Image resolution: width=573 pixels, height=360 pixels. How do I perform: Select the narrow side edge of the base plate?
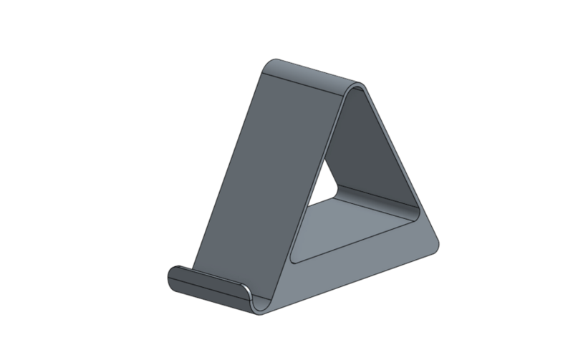pyautogui.click(x=358, y=276)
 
